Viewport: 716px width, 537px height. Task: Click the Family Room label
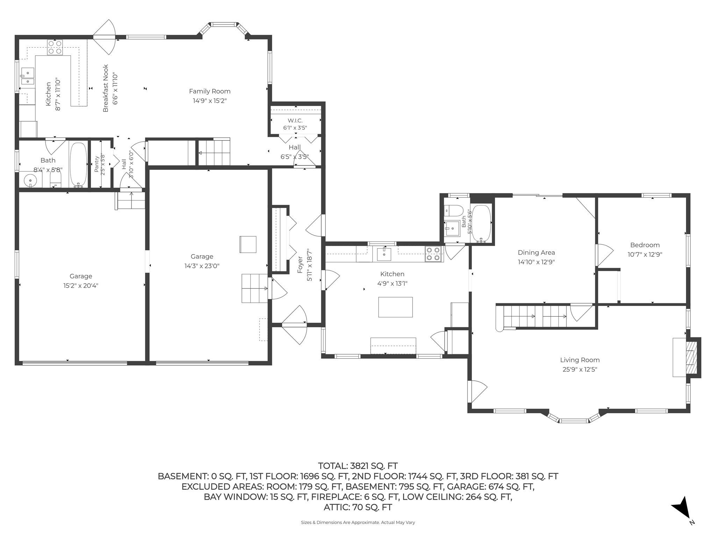tap(210, 91)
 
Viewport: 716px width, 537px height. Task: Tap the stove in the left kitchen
tap(55, 47)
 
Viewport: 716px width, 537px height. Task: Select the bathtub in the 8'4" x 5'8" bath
tap(78, 165)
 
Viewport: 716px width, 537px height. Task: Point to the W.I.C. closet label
tap(295, 121)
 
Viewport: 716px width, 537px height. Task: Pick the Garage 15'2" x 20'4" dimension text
tap(81, 286)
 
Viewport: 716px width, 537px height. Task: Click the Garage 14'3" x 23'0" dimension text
tap(202, 266)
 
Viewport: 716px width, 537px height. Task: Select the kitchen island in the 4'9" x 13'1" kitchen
tap(395, 307)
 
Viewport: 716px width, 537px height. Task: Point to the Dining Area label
tap(536, 252)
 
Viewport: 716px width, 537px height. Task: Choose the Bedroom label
tap(645, 245)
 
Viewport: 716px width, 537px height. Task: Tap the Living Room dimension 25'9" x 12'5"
tap(580, 370)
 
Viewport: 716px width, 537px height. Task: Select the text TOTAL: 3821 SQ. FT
tap(358, 466)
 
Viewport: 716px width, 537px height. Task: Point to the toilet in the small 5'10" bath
tap(453, 211)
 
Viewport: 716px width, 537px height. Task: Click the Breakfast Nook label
tap(106, 88)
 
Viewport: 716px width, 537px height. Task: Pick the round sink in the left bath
tap(31, 181)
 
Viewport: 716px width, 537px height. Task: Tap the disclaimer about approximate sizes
tap(358, 523)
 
